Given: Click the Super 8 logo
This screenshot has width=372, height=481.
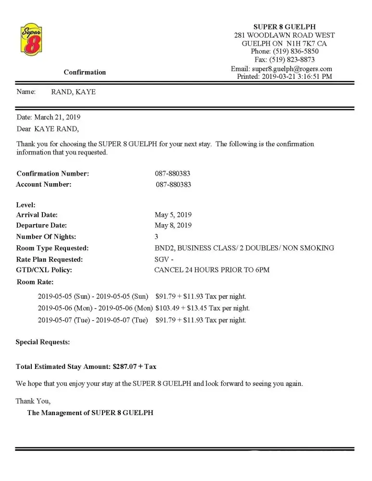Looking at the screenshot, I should [x=31, y=39].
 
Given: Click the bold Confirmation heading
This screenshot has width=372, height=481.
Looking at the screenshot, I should [x=85, y=72].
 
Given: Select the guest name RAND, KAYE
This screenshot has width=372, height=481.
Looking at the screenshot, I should [x=73, y=92].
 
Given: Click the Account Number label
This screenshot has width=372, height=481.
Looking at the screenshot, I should [x=44, y=184].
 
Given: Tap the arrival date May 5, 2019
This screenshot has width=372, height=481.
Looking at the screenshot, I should [x=173, y=215].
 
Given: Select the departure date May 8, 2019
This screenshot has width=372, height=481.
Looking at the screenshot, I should [x=173, y=225].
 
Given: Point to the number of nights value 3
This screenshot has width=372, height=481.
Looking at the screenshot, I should [x=156, y=237].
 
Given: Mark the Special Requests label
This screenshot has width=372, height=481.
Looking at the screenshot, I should [x=43, y=342].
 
